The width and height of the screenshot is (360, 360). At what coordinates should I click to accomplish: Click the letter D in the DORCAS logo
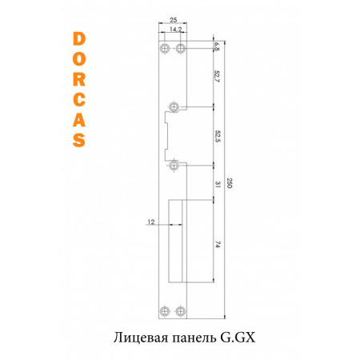pyautogui.click(x=78, y=39)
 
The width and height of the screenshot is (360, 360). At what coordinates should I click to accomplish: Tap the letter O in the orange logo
pyautogui.click(x=78, y=59)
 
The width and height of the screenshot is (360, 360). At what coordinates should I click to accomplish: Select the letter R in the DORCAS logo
pyautogui.click(x=78, y=79)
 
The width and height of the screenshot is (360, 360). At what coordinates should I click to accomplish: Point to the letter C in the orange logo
pyautogui.click(x=78, y=99)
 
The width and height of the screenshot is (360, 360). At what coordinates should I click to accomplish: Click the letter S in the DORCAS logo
pyautogui.click(x=78, y=139)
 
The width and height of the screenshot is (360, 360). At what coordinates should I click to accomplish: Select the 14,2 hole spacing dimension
pyautogui.click(x=173, y=29)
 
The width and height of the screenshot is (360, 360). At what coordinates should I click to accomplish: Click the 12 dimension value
pyautogui.click(x=150, y=222)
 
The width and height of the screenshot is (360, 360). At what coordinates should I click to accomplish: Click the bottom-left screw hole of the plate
pyautogui.click(x=165, y=311)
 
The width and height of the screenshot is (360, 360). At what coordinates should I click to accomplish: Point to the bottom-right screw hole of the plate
pyautogui.click(x=181, y=311)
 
